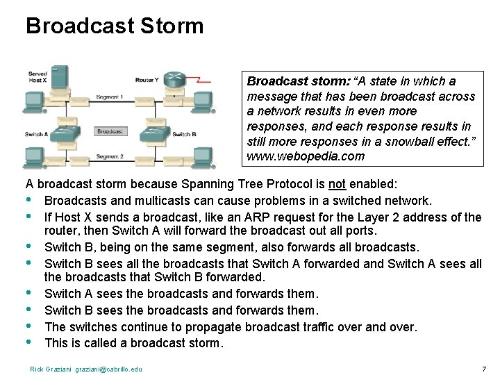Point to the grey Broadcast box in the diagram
click(x=110, y=131)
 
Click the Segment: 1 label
click(x=110, y=97)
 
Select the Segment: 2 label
click(x=110, y=156)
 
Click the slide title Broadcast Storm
click(x=115, y=26)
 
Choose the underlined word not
click(x=337, y=185)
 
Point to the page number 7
click(x=483, y=368)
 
